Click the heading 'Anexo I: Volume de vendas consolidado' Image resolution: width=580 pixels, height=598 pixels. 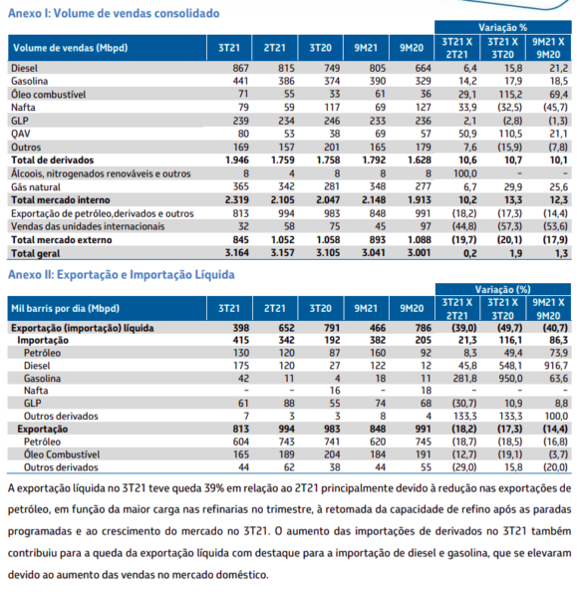[114, 13]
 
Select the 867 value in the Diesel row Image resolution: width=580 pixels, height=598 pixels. [240, 68]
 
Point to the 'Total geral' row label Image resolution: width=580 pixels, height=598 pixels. [36, 253]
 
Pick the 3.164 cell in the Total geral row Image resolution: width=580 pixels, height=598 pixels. [236, 253]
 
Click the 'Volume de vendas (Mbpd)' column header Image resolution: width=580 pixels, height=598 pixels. [70, 48]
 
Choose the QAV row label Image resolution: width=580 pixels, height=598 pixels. [21, 134]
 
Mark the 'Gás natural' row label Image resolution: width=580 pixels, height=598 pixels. [36, 187]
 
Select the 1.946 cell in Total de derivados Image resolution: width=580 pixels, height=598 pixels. [236, 160]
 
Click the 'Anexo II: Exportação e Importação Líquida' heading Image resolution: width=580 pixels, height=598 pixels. [122, 275]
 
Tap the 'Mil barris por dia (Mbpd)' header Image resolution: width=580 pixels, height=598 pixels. [65, 309]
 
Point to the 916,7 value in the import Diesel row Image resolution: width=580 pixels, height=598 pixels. [556, 366]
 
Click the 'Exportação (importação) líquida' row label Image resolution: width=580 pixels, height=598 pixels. [83, 328]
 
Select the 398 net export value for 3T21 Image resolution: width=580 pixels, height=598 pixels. [240, 328]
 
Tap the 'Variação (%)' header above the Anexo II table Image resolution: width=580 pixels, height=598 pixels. [502, 289]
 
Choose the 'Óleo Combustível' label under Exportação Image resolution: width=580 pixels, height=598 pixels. [62, 454]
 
